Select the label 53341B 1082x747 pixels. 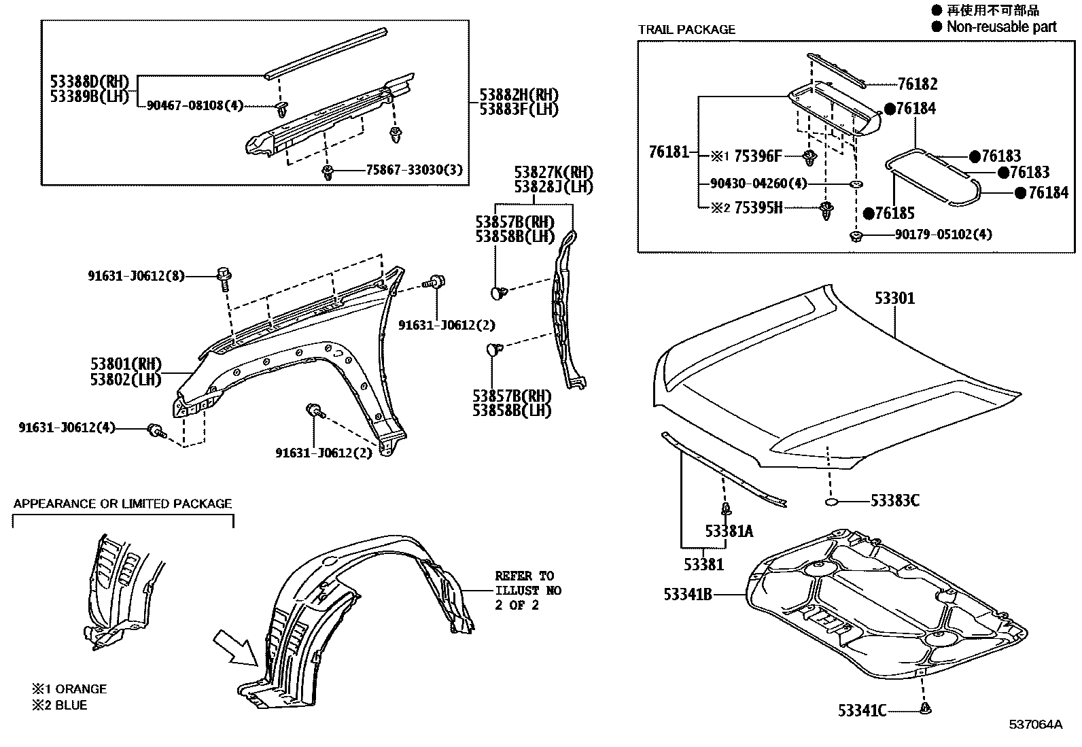[x=688, y=595]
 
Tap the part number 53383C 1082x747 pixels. [x=895, y=501]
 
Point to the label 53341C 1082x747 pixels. [x=862, y=711]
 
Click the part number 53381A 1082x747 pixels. [x=729, y=532]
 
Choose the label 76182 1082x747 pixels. [x=917, y=84]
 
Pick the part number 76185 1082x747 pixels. [x=894, y=213]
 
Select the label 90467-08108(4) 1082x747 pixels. [x=194, y=106]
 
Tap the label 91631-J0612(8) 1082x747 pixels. [x=136, y=276]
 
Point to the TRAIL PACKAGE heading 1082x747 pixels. [x=686, y=30]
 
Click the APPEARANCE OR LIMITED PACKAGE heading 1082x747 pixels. [x=122, y=504]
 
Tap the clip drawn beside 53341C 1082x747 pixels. [x=925, y=710]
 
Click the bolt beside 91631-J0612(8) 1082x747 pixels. [x=224, y=275]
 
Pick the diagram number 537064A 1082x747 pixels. [x=1034, y=725]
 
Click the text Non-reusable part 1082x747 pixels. [x=1001, y=27]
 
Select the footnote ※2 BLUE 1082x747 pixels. [x=59, y=706]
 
